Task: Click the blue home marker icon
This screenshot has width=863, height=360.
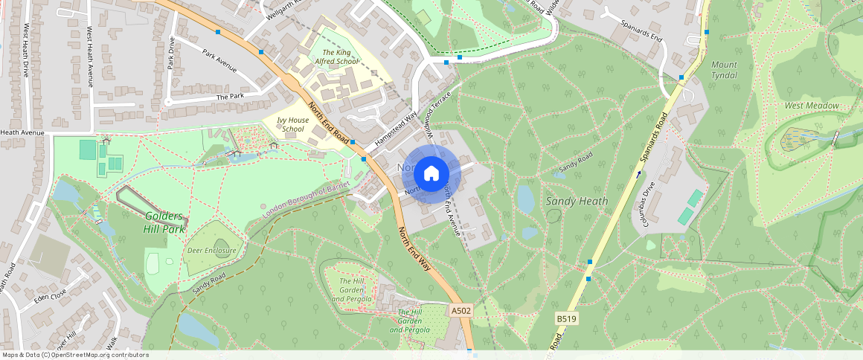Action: (431, 174)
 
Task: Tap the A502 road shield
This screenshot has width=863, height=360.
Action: (461, 310)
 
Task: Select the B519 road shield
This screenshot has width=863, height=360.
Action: (566, 319)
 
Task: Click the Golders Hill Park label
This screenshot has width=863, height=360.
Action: (164, 222)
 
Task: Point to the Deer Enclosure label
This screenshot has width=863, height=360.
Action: (211, 251)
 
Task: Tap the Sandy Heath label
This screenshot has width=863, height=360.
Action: (577, 201)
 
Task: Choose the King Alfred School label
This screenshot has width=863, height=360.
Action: (336, 57)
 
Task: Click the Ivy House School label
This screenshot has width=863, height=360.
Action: (292, 124)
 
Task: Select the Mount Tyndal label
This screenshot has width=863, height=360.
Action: (724, 70)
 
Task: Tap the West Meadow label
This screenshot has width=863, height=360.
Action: (812, 106)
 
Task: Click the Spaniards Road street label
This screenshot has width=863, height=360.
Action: (652, 138)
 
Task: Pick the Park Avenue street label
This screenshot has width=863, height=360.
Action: (219, 62)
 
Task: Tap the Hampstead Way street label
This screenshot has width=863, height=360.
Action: (394, 129)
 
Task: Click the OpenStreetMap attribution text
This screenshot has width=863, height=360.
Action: (74, 355)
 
